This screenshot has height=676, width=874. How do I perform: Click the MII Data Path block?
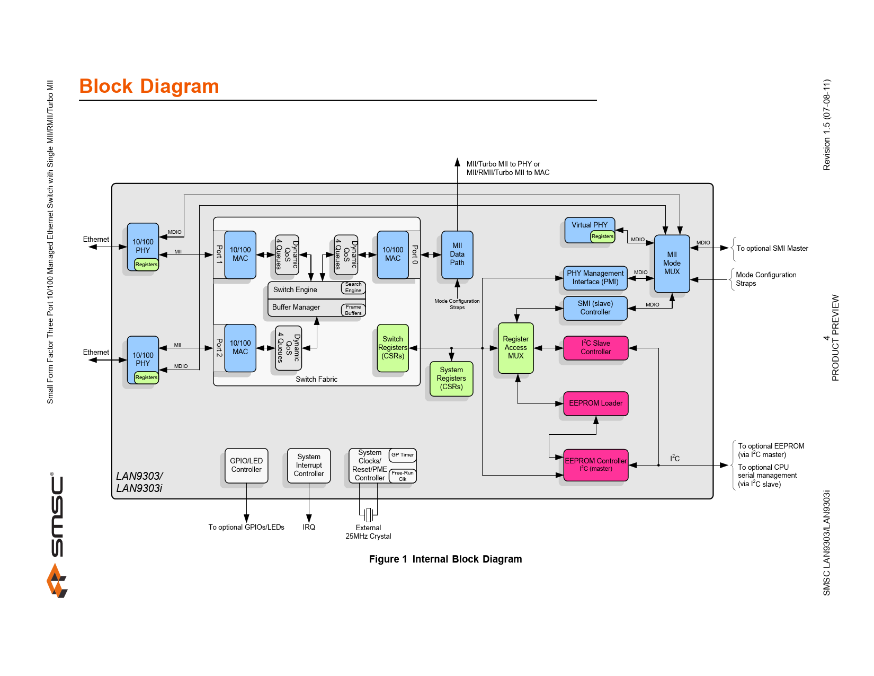pyautogui.click(x=457, y=254)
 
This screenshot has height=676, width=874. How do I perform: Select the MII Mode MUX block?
pyautogui.click(x=672, y=264)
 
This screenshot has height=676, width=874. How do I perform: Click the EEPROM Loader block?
pyautogui.click(x=596, y=403)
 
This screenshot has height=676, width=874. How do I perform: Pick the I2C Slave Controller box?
pyautogui.click(x=596, y=348)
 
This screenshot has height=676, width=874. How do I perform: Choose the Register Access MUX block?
pyautogui.click(x=516, y=348)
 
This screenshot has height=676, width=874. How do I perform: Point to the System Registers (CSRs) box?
pyautogui.click(x=451, y=379)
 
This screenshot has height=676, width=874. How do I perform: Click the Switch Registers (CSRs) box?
pyautogui.click(x=393, y=348)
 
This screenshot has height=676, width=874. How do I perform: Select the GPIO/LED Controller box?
pyautogui.click(x=246, y=466)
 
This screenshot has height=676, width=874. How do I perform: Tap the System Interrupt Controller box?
pyautogui.click(x=309, y=466)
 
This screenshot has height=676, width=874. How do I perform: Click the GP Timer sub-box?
pyautogui.click(x=403, y=455)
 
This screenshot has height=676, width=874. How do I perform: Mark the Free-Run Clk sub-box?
pyautogui.click(x=403, y=476)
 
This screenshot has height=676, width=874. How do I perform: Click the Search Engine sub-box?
pyautogui.click(x=353, y=288)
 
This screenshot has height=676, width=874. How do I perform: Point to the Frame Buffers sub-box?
pyautogui.click(x=353, y=310)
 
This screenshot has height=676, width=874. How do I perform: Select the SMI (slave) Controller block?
pyautogui.click(x=595, y=308)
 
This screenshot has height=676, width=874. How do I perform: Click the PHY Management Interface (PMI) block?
pyautogui.click(x=595, y=278)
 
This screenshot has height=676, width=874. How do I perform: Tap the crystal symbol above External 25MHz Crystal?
pyautogui.click(x=369, y=514)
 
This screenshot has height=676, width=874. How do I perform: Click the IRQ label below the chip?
pyautogui.click(x=309, y=528)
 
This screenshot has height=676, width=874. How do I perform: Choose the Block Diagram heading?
pyautogui.click(x=149, y=86)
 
